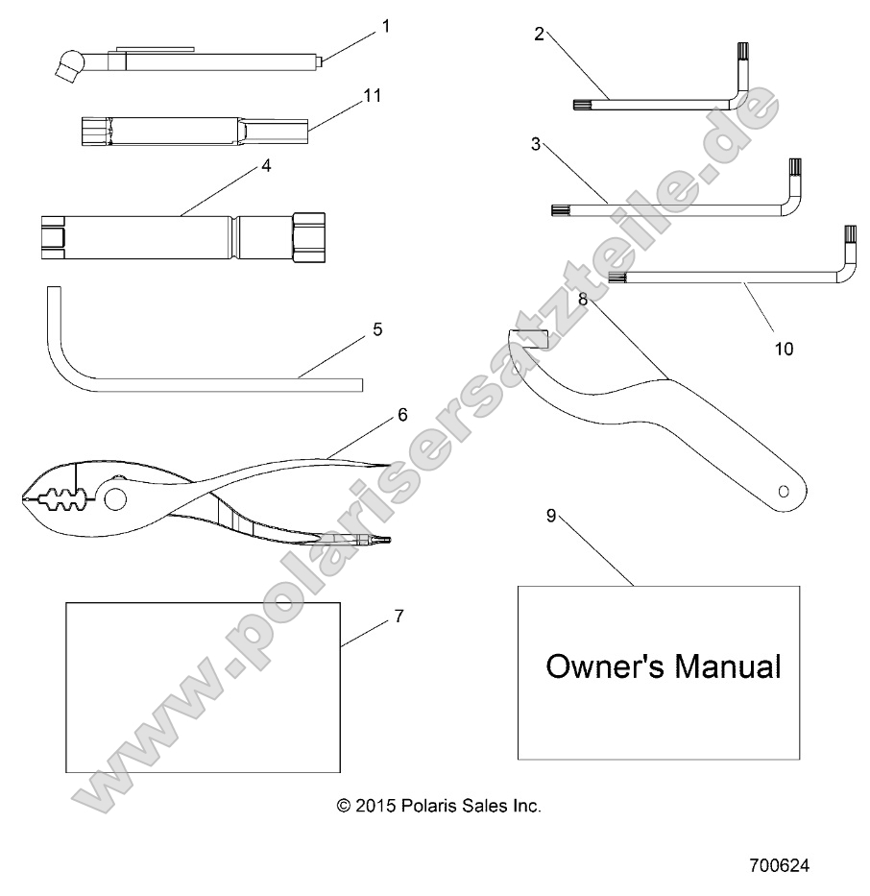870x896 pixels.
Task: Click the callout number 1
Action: click(386, 26)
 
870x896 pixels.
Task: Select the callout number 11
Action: click(374, 95)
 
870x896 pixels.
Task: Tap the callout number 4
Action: click(265, 165)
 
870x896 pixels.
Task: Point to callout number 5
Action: click(377, 329)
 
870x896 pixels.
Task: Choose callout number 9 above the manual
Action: click(551, 516)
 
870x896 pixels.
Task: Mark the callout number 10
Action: click(784, 349)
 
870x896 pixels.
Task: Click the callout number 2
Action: click(539, 35)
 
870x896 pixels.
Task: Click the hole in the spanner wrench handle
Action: click(784, 491)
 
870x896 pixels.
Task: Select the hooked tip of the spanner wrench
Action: click(525, 337)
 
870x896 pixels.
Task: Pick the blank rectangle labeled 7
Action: click(203, 687)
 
